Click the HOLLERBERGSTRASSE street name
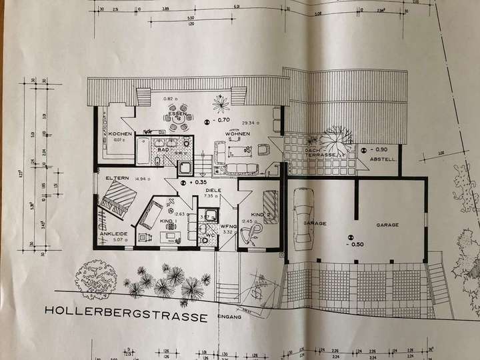(127, 311)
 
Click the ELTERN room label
(117, 179)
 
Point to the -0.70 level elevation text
(223, 121)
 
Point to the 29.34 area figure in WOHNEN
(251, 123)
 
